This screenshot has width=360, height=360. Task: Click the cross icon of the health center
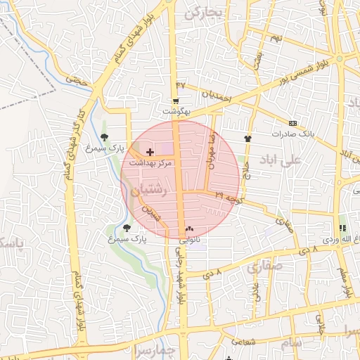(150, 152)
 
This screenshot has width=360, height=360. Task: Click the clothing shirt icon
(247, 139)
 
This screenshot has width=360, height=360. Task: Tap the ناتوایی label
(186, 240)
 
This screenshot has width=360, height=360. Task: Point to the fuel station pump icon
(342, 228)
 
